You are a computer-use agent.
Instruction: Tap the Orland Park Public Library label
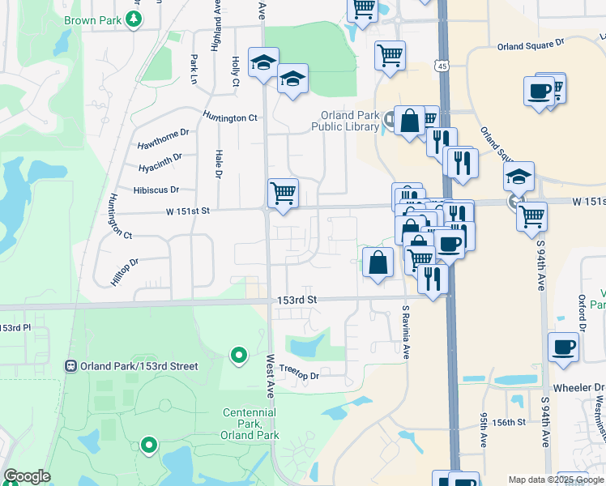point(346,121)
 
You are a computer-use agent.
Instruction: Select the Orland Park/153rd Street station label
point(139,366)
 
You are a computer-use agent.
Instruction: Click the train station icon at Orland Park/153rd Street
point(71,366)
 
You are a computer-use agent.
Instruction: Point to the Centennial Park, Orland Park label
point(250,424)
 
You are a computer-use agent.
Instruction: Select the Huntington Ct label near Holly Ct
point(230,118)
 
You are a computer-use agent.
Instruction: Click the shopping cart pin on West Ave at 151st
point(283,194)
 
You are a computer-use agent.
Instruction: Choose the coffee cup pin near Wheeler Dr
point(564,347)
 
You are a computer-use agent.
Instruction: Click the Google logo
point(27,476)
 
